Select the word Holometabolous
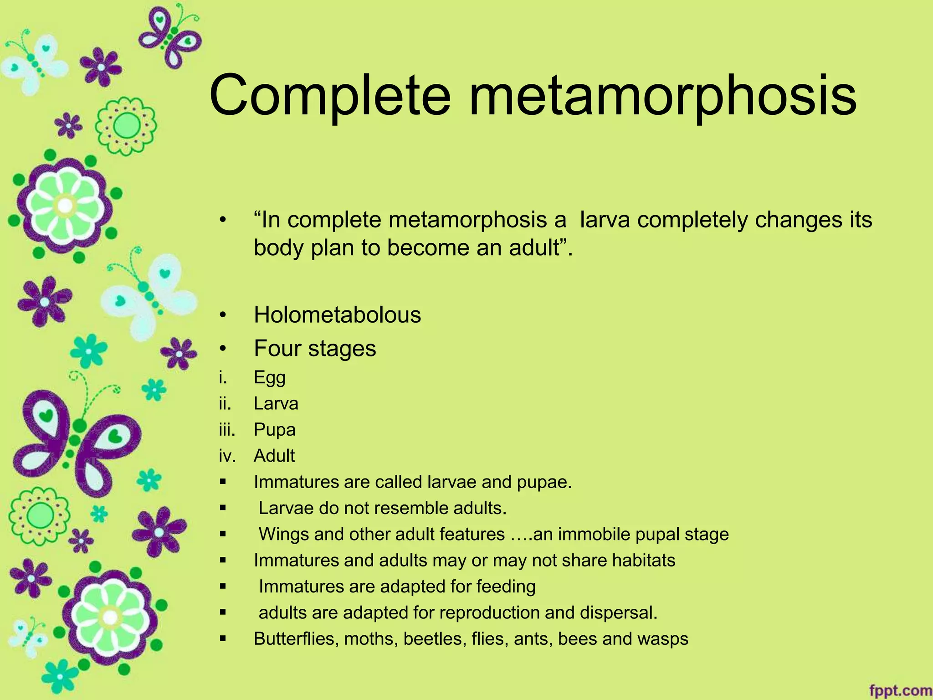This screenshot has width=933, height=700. click(337, 315)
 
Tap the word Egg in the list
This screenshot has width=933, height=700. click(270, 378)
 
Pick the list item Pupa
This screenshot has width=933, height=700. click(274, 430)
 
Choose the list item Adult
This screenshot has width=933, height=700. click(274, 456)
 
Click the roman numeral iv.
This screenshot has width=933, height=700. click(227, 456)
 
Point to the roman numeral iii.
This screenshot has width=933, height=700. click(226, 430)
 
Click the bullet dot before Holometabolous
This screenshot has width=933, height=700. click(222, 315)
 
